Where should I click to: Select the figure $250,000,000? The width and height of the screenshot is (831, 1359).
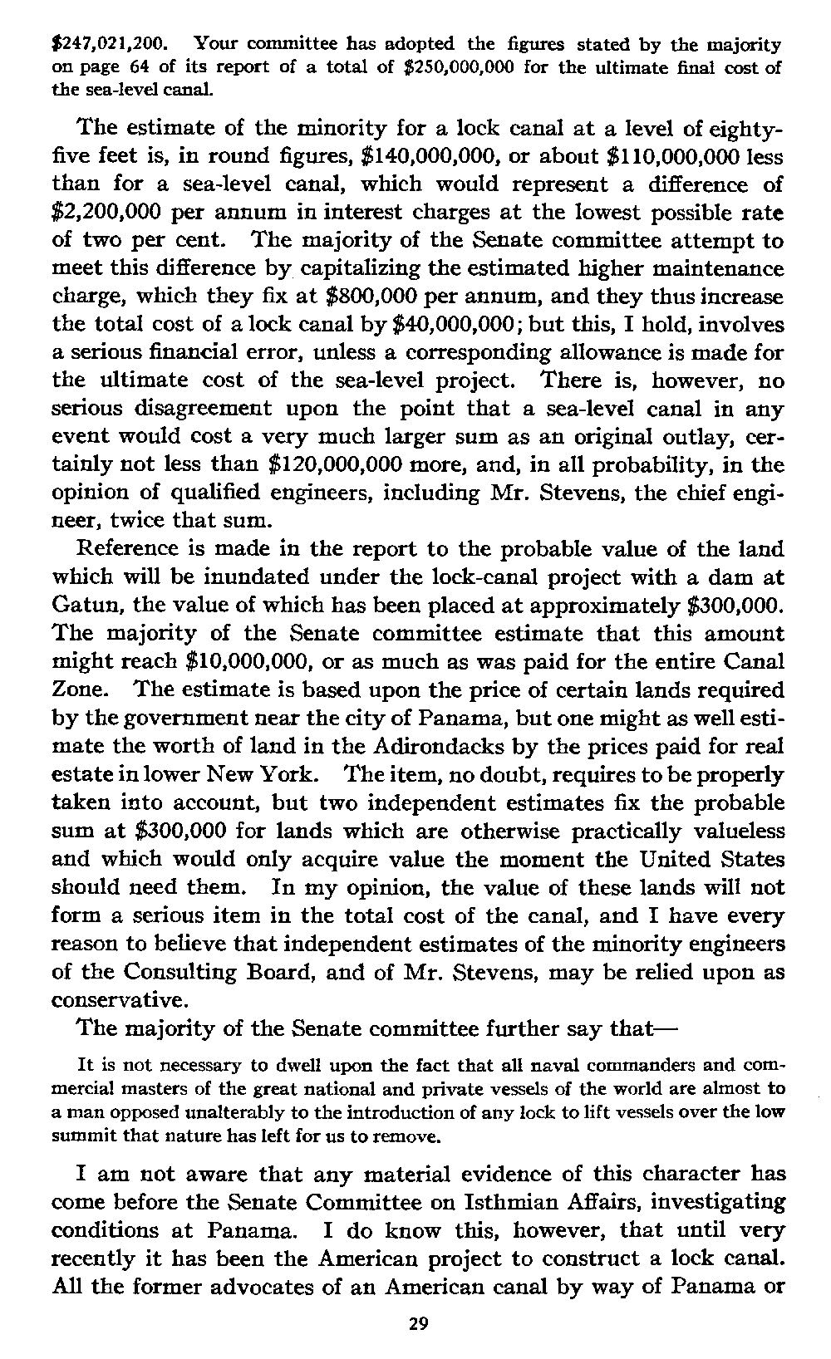pyautogui.click(x=450, y=67)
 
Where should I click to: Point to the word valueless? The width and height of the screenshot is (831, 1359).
pyautogui.click(x=731, y=832)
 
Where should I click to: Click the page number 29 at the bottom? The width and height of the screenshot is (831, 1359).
pyautogui.click(x=418, y=1323)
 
